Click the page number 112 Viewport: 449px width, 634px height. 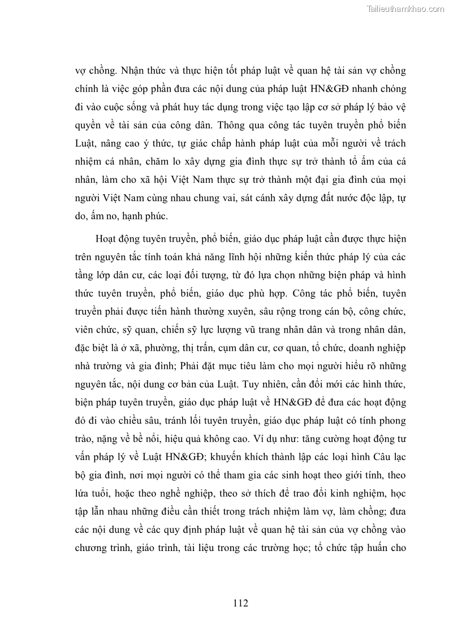pos(240,602)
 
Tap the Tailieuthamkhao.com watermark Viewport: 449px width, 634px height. pos(405,8)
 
